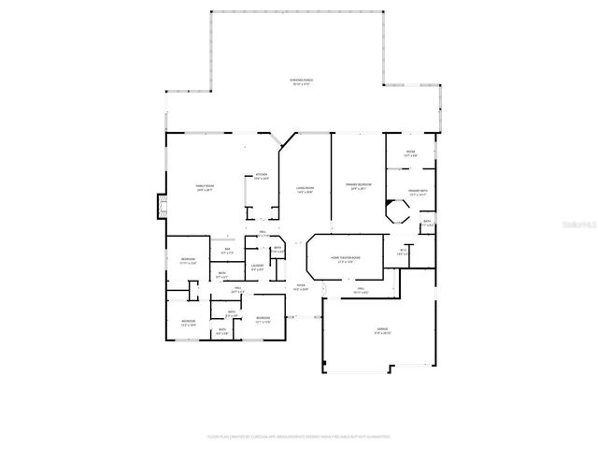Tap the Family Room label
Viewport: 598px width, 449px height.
point(204,188)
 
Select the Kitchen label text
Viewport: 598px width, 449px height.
point(262,176)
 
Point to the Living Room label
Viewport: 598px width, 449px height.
point(304,189)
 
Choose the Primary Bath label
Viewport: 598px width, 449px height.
point(417,192)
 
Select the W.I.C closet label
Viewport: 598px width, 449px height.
point(404,252)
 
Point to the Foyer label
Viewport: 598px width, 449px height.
point(301,287)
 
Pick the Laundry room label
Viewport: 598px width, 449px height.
point(256,269)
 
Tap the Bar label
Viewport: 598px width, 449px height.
point(226,251)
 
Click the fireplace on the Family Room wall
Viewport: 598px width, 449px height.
point(160,205)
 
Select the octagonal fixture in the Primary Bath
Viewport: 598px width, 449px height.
point(400,214)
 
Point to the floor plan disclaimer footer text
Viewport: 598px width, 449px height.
point(299,436)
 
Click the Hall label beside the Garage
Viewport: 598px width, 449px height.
point(360,291)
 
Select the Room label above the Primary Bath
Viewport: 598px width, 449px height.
point(410,152)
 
